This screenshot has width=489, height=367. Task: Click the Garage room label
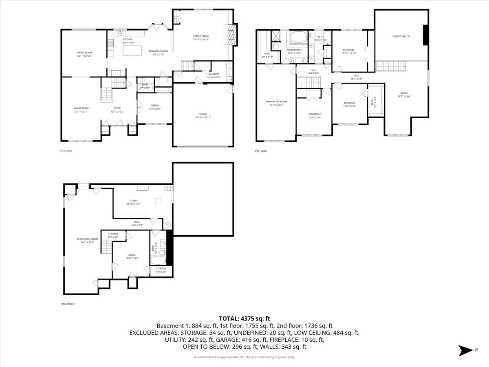click(203, 114)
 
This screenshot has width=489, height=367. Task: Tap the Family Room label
click(200, 36)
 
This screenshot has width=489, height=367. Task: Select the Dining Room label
click(84, 53)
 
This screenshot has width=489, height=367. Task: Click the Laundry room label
click(214, 74)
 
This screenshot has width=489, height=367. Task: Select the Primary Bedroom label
click(276, 102)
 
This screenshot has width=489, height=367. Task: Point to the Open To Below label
click(401, 36)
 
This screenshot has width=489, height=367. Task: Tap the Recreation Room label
click(87, 239)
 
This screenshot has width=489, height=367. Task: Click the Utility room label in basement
click(133, 201)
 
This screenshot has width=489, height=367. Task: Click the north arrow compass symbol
click(465, 350)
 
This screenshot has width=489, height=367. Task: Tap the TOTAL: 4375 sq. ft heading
click(244, 318)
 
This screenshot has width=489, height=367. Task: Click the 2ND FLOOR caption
click(260, 151)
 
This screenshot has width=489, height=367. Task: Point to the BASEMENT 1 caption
click(68, 304)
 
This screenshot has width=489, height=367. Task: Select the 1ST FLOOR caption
click(66, 151)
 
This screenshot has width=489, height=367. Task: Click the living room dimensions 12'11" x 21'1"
click(81, 111)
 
